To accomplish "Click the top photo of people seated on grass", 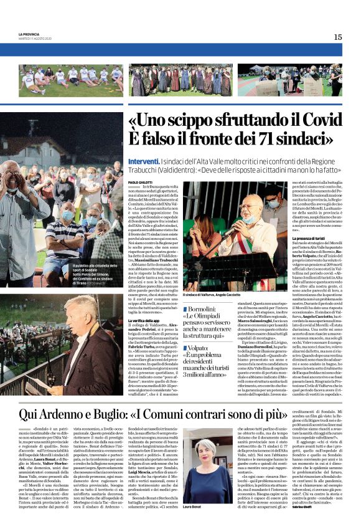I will pos(71,80).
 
